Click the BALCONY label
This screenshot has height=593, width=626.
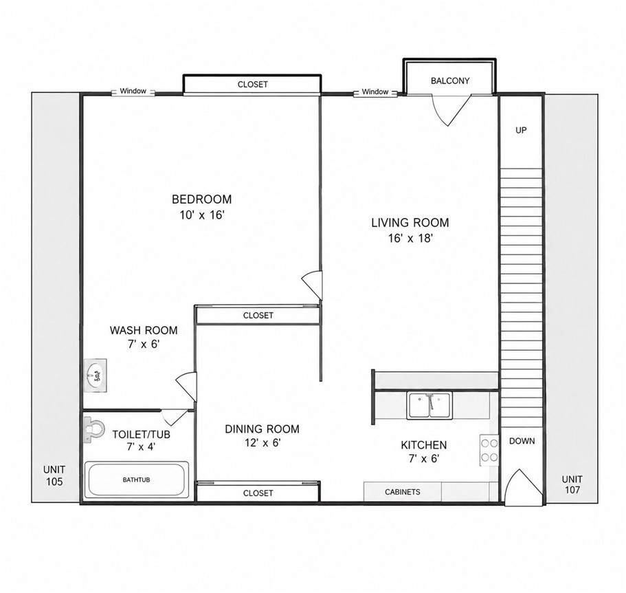point(450,80)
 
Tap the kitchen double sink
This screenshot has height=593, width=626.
point(429,406)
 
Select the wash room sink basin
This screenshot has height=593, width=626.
point(96,376)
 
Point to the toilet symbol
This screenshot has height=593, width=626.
point(93,429)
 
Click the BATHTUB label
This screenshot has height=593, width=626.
point(137,479)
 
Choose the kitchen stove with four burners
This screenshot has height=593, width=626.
point(489,450)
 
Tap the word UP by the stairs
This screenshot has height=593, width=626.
point(521,130)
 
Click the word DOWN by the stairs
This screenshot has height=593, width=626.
point(522,441)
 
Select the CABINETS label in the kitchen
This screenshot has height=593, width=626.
point(403,492)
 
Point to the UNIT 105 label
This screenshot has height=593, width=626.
point(54,475)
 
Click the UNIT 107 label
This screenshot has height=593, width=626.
point(572,484)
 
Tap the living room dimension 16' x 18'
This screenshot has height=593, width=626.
point(411,238)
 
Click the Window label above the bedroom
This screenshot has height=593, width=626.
point(133,91)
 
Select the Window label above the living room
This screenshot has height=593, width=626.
point(375,92)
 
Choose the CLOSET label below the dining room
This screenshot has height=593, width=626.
point(258,493)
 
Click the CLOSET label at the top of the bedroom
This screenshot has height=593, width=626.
point(253,85)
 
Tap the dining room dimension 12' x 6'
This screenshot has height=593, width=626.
point(263,443)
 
